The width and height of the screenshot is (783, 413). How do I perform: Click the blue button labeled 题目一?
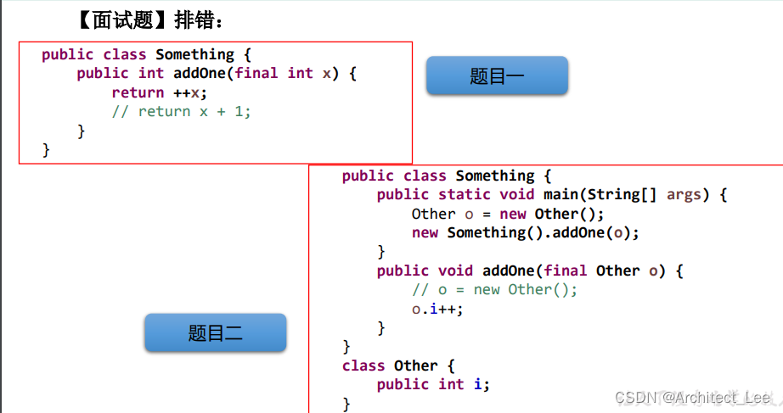click(x=497, y=76)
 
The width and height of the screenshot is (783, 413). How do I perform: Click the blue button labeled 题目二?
click(x=215, y=333)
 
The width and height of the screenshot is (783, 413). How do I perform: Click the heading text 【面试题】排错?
click(x=149, y=20)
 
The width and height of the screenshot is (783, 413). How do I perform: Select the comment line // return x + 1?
click(x=181, y=111)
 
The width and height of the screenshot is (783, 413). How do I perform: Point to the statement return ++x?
click(x=159, y=92)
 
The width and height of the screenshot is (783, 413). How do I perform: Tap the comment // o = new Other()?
click(x=494, y=289)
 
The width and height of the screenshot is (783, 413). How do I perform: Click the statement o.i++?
click(x=437, y=309)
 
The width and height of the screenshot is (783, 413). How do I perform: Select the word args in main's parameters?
click(x=684, y=195)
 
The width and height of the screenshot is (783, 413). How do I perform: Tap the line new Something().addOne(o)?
click(x=525, y=232)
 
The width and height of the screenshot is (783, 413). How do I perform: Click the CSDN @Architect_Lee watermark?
click(x=692, y=397)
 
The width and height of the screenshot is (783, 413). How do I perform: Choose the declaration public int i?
click(x=433, y=384)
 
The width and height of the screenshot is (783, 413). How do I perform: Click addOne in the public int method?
click(x=199, y=73)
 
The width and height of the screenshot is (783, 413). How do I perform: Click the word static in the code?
click(x=464, y=195)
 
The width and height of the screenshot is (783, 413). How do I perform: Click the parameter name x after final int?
click(x=326, y=73)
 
